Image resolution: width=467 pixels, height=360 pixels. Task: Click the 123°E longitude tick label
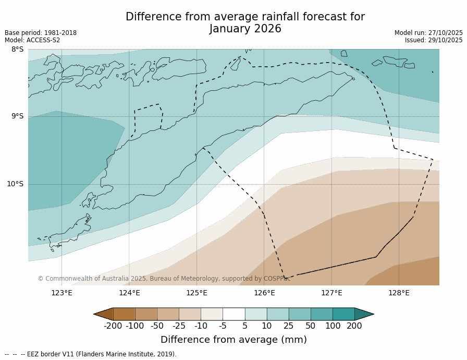pyautogui.click(x=62, y=293)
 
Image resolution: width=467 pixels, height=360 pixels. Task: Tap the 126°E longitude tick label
pyautogui.click(x=264, y=293)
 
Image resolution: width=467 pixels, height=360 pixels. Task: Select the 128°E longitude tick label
pyautogui.click(x=399, y=293)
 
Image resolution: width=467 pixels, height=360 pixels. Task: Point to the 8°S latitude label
pyautogui.click(x=17, y=50)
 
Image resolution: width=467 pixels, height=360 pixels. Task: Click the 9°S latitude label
pyautogui.click(x=17, y=116)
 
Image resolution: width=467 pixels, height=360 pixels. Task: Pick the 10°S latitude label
pyautogui.click(x=15, y=184)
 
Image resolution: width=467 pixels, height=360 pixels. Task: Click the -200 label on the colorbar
pyautogui.click(x=113, y=326)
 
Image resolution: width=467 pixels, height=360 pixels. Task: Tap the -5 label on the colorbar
pyautogui.click(x=223, y=326)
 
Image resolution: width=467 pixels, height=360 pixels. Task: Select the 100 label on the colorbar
pyautogui.click(x=333, y=326)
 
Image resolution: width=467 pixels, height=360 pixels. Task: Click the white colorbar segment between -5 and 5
pyautogui.click(x=233, y=314)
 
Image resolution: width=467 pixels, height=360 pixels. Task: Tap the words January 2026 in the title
pyautogui.click(x=245, y=29)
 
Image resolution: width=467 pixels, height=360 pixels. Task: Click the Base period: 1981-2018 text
pyautogui.click(x=41, y=33)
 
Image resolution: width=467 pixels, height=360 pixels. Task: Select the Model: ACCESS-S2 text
pyautogui.click(x=32, y=40)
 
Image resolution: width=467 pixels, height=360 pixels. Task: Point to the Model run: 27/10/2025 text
pyautogui.click(x=428, y=33)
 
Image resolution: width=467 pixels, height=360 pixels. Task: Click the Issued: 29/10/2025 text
pyautogui.click(x=434, y=40)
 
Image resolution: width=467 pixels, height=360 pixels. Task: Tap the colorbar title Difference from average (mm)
pyautogui.click(x=233, y=340)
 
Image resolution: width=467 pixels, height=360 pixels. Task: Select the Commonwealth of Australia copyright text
pyautogui.click(x=164, y=279)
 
